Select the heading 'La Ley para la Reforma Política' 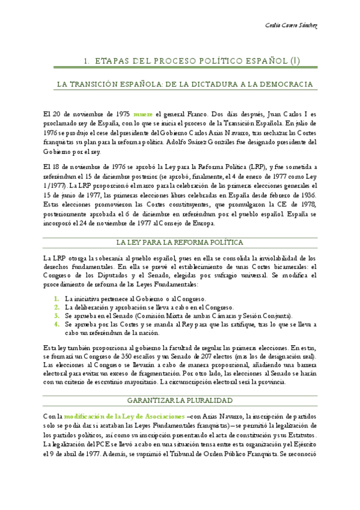[x=180, y=242]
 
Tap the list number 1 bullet [x=56, y=299]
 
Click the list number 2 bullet [x=56, y=307]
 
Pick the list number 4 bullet [x=56, y=324]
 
